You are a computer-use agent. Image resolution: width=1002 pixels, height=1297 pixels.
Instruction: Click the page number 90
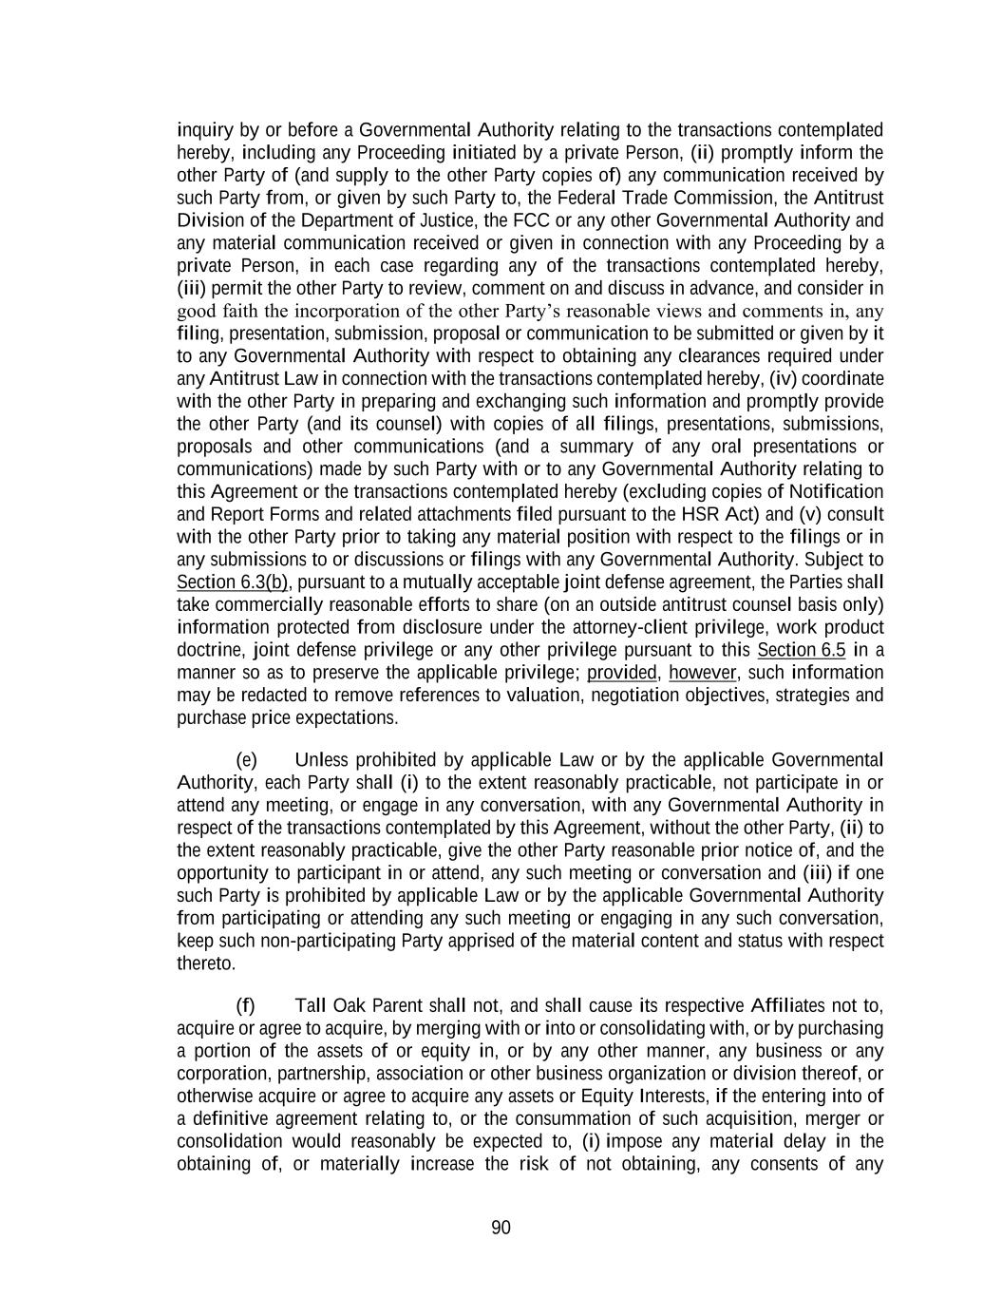click(501, 1228)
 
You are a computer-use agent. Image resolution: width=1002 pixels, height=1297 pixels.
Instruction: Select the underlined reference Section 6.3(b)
click(233, 582)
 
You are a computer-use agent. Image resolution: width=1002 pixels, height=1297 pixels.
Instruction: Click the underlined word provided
click(621, 673)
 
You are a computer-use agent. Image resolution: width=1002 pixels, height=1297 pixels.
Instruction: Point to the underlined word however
click(703, 673)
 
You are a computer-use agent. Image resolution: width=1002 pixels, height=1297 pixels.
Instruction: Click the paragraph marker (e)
click(246, 760)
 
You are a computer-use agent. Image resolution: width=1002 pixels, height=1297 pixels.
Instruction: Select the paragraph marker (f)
click(245, 1006)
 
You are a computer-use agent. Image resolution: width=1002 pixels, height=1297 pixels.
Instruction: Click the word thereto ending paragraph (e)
click(205, 963)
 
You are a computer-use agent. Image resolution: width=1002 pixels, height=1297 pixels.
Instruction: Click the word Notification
click(836, 491)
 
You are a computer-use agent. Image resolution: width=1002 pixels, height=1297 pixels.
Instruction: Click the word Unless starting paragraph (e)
click(322, 760)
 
